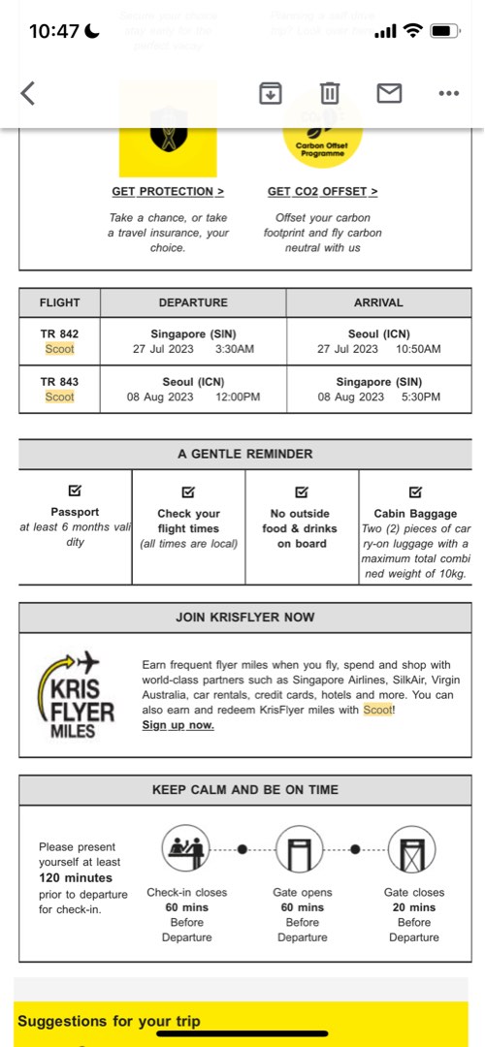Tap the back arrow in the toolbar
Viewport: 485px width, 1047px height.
click(x=27, y=93)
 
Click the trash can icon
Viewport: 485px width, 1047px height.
click(x=330, y=93)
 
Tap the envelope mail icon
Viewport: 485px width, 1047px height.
click(x=389, y=93)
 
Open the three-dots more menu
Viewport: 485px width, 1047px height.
click(x=448, y=93)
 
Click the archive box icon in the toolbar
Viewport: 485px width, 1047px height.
click(x=271, y=93)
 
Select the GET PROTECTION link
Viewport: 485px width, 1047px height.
click(x=168, y=192)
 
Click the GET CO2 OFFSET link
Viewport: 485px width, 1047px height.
click(x=323, y=192)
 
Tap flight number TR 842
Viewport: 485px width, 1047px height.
click(x=59, y=333)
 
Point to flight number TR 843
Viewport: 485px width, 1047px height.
click(x=59, y=381)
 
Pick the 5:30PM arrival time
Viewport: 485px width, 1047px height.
click(x=419, y=397)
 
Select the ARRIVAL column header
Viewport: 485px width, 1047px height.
click(x=378, y=302)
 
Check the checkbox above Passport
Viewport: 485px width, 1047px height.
click(x=75, y=491)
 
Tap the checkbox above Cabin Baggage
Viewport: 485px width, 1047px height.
click(x=415, y=491)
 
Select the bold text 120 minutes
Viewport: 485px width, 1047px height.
click(x=76, y=877)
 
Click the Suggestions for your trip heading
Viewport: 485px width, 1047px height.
click(x=109, y=1021)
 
